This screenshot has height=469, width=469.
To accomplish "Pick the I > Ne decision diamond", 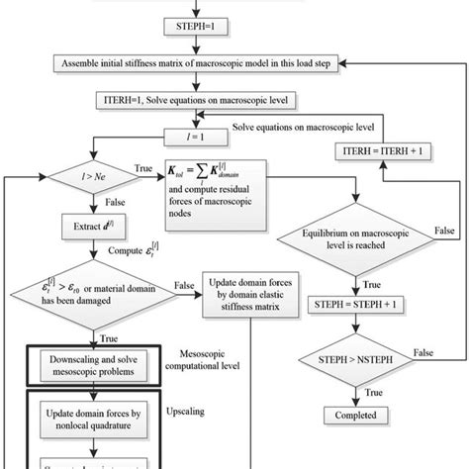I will pyautogui.click(x=91, y=179).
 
